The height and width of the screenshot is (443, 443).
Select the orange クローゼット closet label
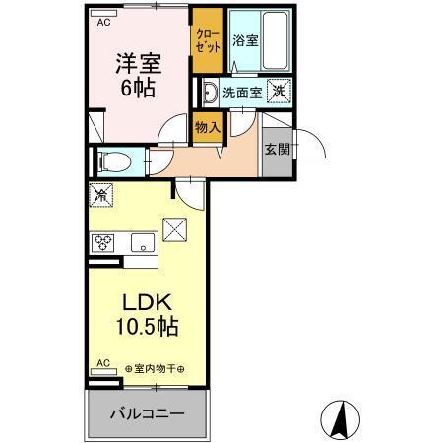click(x=207, y=42)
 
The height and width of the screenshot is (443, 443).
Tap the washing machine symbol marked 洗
click(x=280, y=93)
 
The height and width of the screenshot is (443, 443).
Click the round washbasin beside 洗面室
click(x=210, y=94)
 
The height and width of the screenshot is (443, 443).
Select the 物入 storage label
click(x=207, y=125)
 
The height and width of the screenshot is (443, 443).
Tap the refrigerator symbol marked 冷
click(x=100, y=197)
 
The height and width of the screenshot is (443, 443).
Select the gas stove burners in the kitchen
click(x=103, y=241)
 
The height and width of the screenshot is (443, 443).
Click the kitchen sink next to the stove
click(x=139, y=240)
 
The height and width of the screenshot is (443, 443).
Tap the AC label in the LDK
click(x=100, y=363)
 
